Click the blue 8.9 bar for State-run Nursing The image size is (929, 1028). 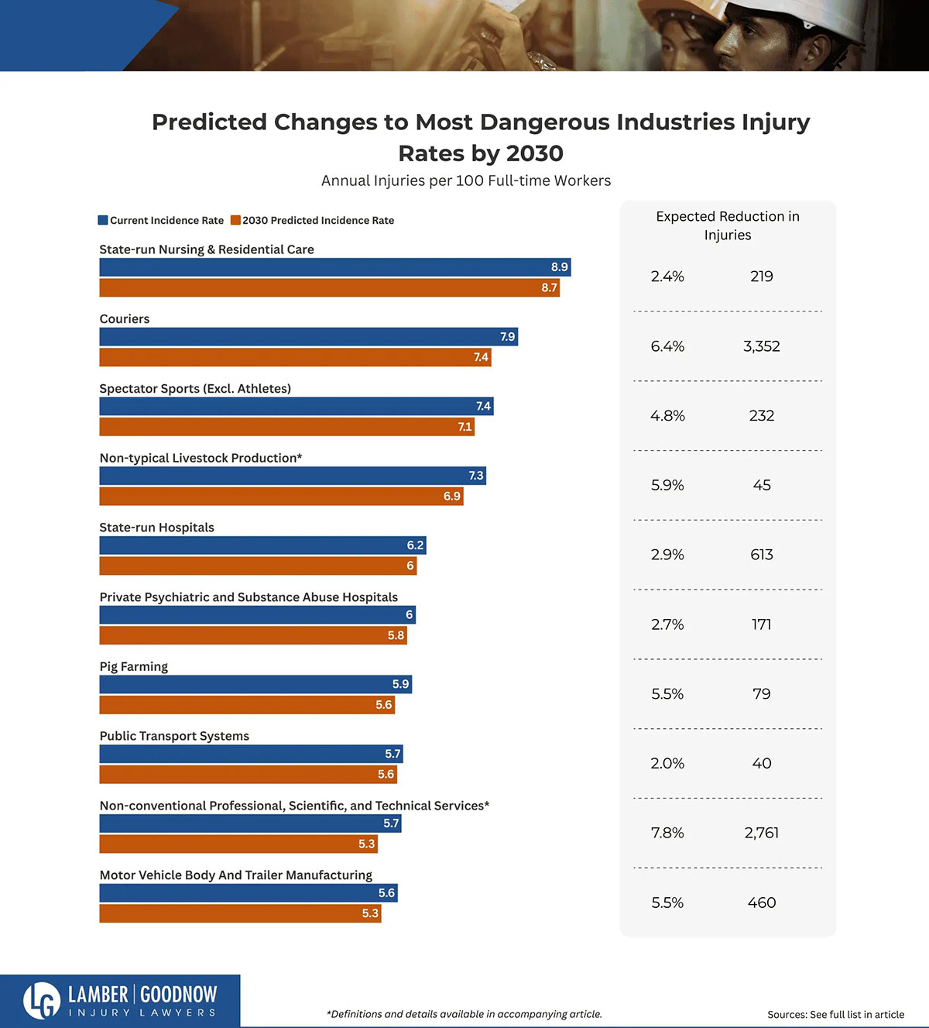tap(334, 267)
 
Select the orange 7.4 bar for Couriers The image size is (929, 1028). tap(295, 357)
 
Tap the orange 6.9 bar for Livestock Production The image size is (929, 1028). tap(281, 496)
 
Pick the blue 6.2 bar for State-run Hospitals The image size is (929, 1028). tap(262, 545)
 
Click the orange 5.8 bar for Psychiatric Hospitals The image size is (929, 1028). tap(252, 635)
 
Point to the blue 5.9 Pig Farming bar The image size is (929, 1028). tap(255, 684)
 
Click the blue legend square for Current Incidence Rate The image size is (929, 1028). tap(103, 220)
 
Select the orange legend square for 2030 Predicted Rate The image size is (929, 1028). tap(235, 220)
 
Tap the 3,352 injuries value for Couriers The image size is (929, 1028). tap(761, 346)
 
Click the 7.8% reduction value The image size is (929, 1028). tap(667, 833)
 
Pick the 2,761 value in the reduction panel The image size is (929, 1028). tap(761, 833)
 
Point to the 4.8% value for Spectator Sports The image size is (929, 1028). tap(667, 416)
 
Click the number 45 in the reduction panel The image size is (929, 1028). tap(761, 485)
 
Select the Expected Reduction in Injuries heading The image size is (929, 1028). tap(727, 225)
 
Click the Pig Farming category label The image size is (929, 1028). tap(134, 666)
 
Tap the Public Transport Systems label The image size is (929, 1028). tap(174, 736)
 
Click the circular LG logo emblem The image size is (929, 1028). tap(42, 1000)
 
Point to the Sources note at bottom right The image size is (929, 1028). tap(835, 1014)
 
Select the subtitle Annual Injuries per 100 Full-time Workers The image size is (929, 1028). tap(466, 181)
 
